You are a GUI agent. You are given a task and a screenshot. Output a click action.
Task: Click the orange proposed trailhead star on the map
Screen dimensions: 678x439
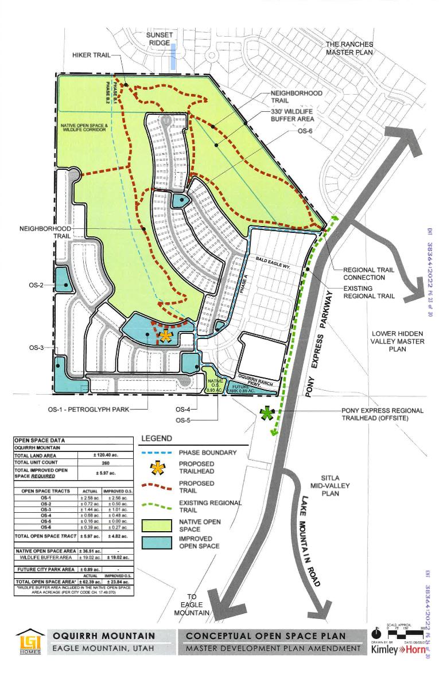[165, 336]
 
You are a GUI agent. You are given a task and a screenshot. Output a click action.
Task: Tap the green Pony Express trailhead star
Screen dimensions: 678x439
[266, 414]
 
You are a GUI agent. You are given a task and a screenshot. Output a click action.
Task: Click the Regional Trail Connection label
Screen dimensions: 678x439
[368, 273]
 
